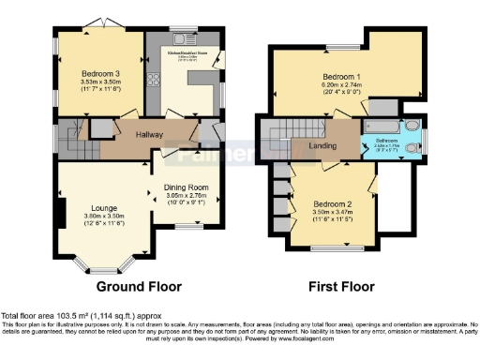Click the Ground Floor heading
pos(133,286)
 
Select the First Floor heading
pos(341,286)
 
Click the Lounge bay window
pos(104,265)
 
